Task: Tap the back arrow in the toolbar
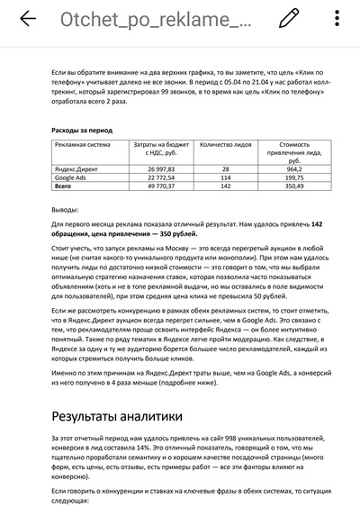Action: pyautogui.click(x=28, y=19)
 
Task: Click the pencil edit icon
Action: pyautogui.click(x=289, y=19)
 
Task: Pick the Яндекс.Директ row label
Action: pyautogui.click(x=79, y=168)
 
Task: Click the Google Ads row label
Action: pyautogui.click(x=73, y=177)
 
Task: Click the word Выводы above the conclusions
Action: pyautogui.click(x=65, y=208)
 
